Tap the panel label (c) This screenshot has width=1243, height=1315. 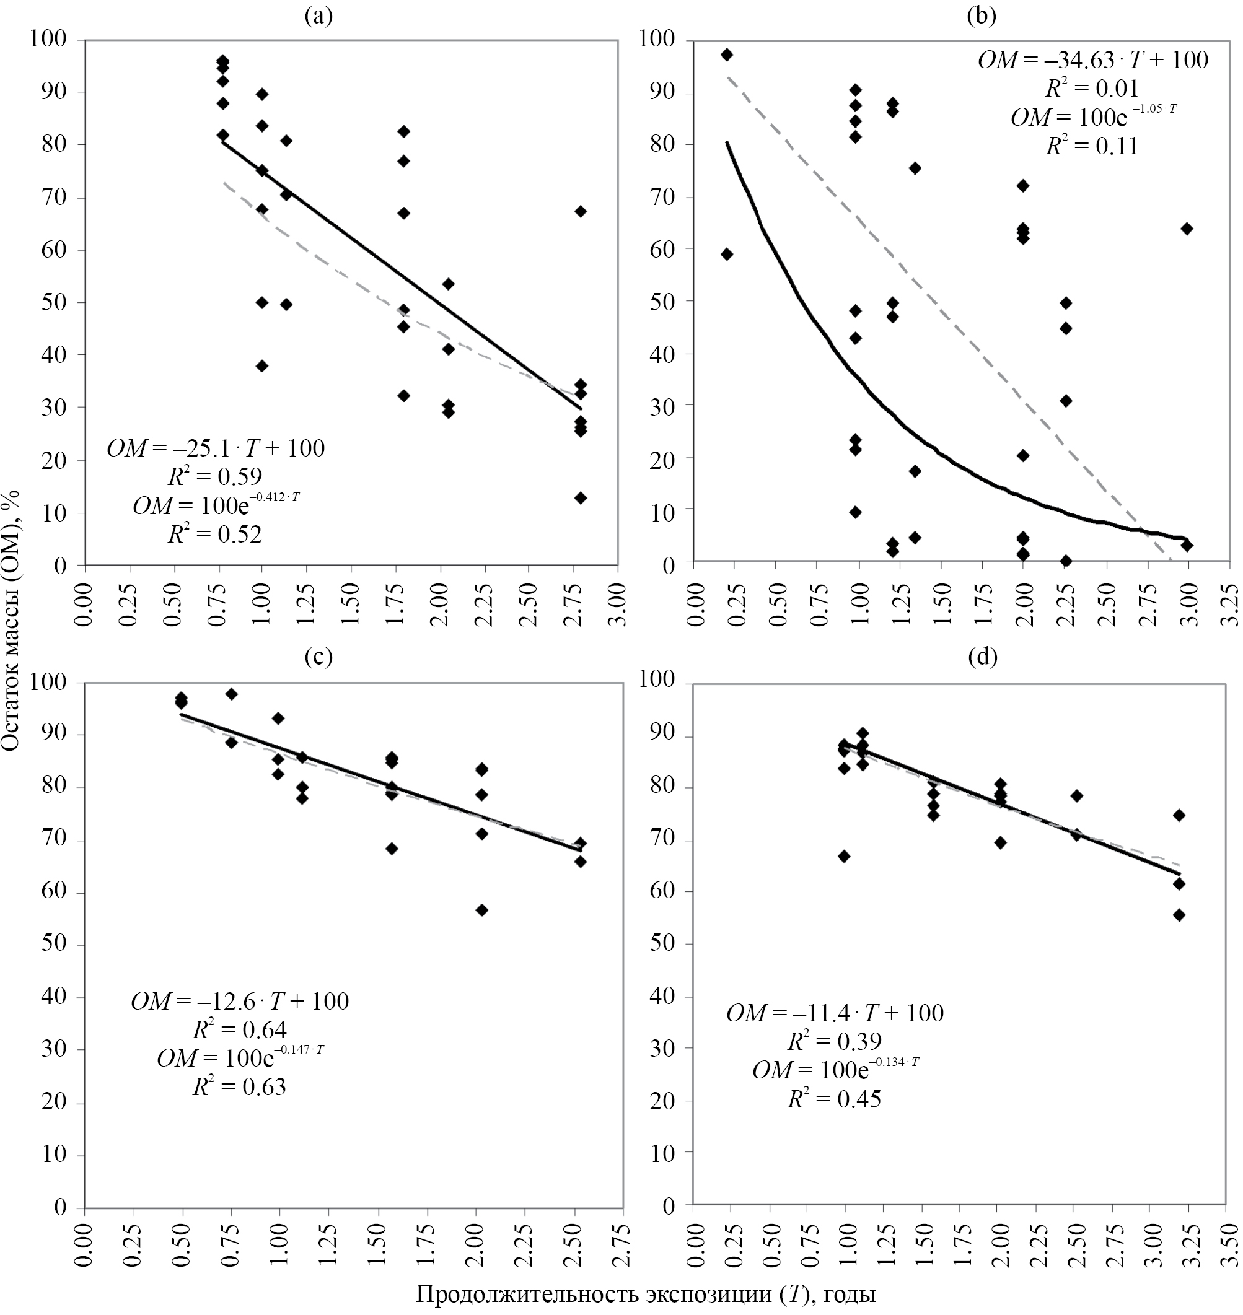click(318, 657)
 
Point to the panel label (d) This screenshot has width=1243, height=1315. click(983, 657)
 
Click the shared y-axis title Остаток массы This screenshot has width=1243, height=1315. click(11, 620)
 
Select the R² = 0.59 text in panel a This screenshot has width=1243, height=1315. click(216, 476)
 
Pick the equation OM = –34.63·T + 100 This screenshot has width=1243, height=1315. click(1092, 61)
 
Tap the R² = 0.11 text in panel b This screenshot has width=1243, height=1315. click(1092, 146)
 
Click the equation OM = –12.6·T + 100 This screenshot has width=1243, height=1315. click(240, 1000)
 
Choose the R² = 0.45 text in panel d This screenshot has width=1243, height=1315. click(834, 1099)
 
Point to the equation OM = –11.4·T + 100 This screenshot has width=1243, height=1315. click(835, 1013)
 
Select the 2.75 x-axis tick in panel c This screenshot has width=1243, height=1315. click(621, 1246)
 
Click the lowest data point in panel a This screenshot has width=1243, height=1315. click(581, 498)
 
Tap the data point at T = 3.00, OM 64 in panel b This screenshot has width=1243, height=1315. click(1187, 229)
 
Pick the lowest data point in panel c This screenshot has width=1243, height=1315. click(481, 911)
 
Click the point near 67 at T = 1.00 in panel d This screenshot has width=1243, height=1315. click(844, 857)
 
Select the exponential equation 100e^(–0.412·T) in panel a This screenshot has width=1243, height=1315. click(216, 505)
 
